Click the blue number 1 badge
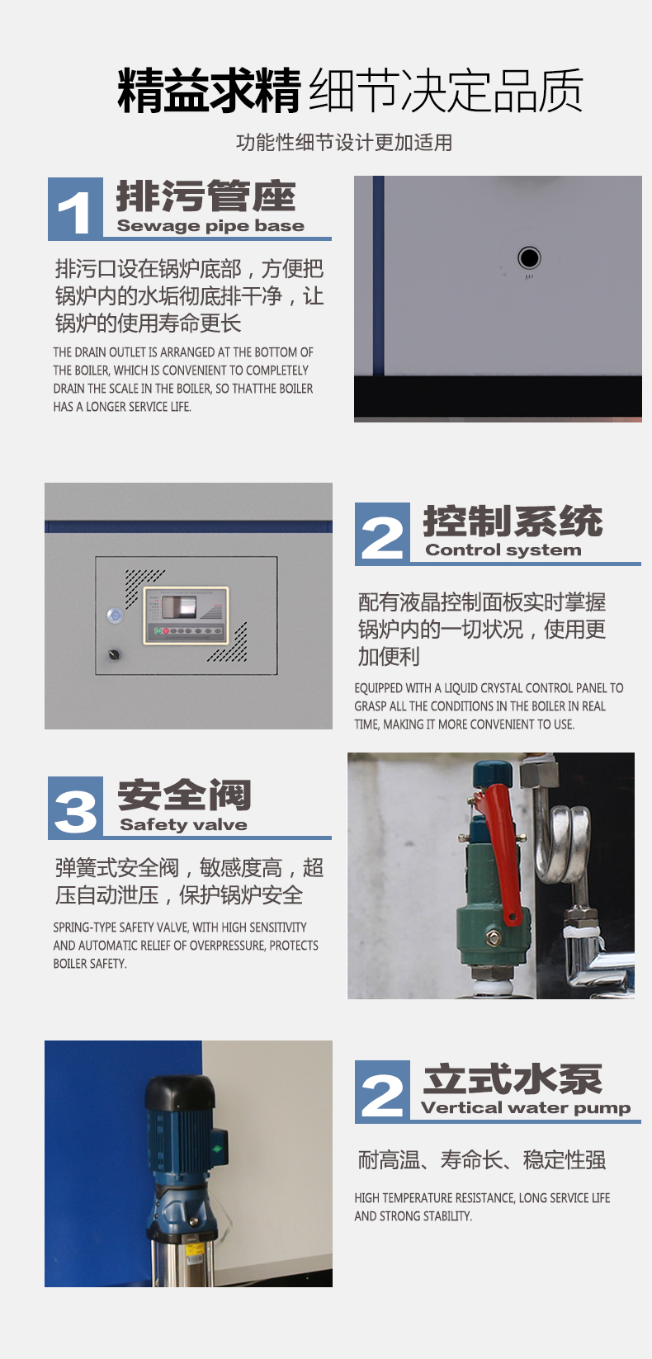click(75, 209)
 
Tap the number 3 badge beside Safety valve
click(75, 808)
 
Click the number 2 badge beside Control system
click(382, 534)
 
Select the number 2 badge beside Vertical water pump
click(382, 1092)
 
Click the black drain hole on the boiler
click(529, 257)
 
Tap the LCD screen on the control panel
click(180, 606)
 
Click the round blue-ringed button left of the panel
click(115, 616)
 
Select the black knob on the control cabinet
click(114, 654)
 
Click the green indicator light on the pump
click(216, 1149)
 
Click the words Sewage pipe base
click(210, 226)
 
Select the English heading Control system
click(503, 550)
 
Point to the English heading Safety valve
click(183, 824)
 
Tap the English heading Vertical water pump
click(526, 1108)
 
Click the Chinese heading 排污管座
click(206, 196)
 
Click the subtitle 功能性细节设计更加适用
click(344, 143)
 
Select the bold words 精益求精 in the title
click(210, 90)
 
